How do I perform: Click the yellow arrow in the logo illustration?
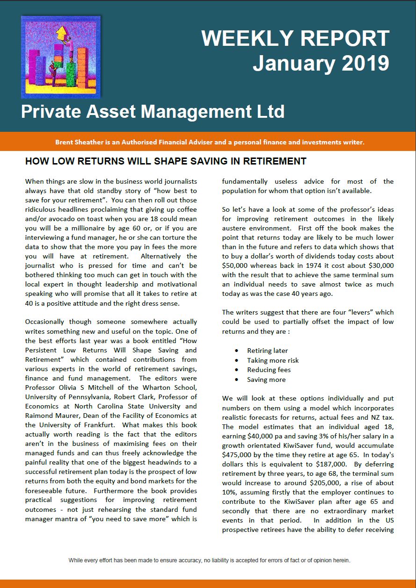[x=60, y=34]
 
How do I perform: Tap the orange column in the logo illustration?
[x=82, y=65]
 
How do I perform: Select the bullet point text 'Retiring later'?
[x=267, y=351]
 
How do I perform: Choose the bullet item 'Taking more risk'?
[x=273, y=360]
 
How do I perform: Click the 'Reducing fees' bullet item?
[x=269, y=370]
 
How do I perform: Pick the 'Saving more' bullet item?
[x=266, y=380]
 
